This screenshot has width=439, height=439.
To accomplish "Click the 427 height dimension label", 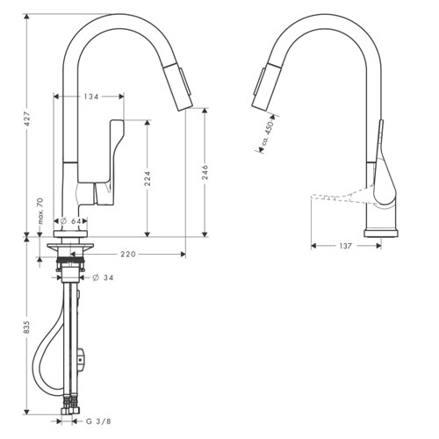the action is click(27, 119).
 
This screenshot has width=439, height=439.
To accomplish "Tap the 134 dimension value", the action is click(91, 97).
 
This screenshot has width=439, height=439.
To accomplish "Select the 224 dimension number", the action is click(148, 178).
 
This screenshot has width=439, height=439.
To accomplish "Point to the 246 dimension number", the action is click(205, 172).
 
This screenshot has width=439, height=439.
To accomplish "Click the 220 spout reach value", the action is click(128, 254).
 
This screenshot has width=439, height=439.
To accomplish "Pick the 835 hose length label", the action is click(27, 327).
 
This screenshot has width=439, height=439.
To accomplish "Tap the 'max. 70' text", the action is click(40, 211).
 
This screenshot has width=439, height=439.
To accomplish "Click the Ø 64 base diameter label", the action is click(70, 221).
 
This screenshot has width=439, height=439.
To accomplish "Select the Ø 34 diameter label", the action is click(103, 277).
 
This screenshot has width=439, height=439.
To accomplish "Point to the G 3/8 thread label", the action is click(98, 421).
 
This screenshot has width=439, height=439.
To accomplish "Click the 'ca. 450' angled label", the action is click(267, 133).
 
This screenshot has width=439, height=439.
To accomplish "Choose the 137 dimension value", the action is click(346, 246).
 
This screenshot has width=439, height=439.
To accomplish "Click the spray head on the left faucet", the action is click(178, 89).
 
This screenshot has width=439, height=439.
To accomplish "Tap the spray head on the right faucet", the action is click(266, 86).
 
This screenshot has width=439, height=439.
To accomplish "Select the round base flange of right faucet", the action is click(380, 233).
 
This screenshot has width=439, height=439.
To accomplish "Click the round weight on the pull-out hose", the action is click(81, 359).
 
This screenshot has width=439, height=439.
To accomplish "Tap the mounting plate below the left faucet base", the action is click(70, 247).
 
